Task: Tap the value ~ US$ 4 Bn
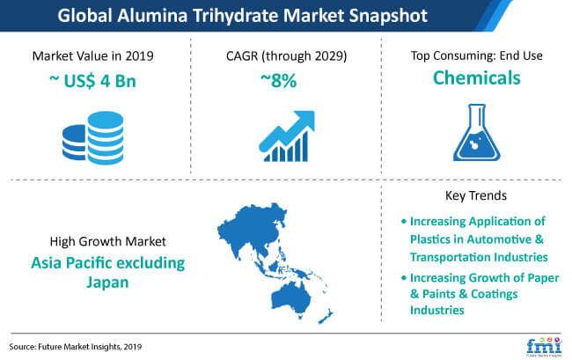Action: (92, 81)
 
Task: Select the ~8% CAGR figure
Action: (279, 81)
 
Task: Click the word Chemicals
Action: (476, 77)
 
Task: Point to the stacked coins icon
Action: (93, 138)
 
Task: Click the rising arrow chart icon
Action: (287, 136)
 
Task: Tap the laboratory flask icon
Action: (476, 132)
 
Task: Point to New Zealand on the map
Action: (326, 316)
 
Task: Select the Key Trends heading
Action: (476, 195)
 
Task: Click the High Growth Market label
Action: (107, 241)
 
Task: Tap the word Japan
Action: (107, 283)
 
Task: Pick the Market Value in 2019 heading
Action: (92, 56)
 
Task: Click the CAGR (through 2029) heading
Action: (286, 56)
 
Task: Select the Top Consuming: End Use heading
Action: (476, 55)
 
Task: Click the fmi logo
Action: (544, 347)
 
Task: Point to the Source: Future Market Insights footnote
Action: (76, 347)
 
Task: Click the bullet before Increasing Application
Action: (403, 222)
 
